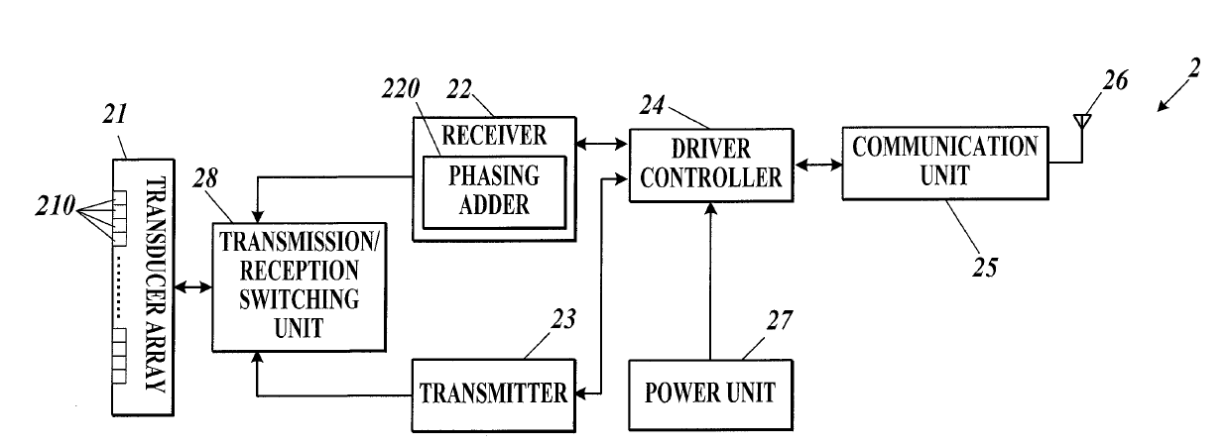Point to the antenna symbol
[1082, 137]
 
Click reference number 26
[1116, 80]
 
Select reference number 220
[401, 88]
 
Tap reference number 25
[985, 268]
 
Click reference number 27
[780, 320]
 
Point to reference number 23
[563, 319]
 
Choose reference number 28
[205, 178]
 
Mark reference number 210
[56, 206]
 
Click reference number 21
[115, 114]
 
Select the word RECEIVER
[494, 136]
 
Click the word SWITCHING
[299, 299]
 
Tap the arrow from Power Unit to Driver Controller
[710, 281]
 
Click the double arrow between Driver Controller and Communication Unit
[818, 164]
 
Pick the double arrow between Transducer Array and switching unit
[193, 286]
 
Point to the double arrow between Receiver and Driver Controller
[602, 145]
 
